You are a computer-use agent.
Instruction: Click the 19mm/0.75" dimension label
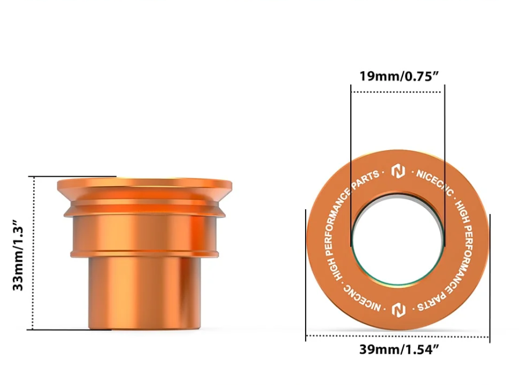[399, 76]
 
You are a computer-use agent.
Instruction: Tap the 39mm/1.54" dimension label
[399, 350]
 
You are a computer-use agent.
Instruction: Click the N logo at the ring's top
[398, 171]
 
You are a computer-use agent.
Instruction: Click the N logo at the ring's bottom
[398, 310]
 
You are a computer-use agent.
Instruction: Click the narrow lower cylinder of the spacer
[144, 293]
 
